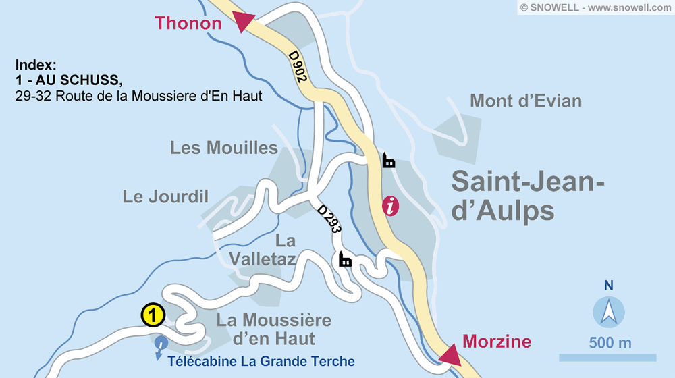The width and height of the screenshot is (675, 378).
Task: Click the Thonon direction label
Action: [x=188, y=23]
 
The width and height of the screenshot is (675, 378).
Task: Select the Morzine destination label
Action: [x=497, y=341]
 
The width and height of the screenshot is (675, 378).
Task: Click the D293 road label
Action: [x=329, y=219]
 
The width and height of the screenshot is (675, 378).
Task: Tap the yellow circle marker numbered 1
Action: [x=153, y=315]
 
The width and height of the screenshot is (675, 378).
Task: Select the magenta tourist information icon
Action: [x=390, y=206]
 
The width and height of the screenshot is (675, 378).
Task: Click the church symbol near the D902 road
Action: [x=389, y=160]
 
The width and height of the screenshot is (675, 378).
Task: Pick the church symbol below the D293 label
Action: [x=345, y=259]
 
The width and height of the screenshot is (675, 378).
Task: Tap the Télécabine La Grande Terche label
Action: [x=261, y=361]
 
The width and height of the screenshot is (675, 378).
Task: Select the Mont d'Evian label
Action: [x=526, y=101]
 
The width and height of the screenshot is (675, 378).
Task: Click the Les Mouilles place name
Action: [x=224, y=148]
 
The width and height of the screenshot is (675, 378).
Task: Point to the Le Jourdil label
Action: [x=165, y=196]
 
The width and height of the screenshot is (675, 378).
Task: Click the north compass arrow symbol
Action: [x=609, y=313]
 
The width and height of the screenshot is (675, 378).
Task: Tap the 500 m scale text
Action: [x=610, y=342]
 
